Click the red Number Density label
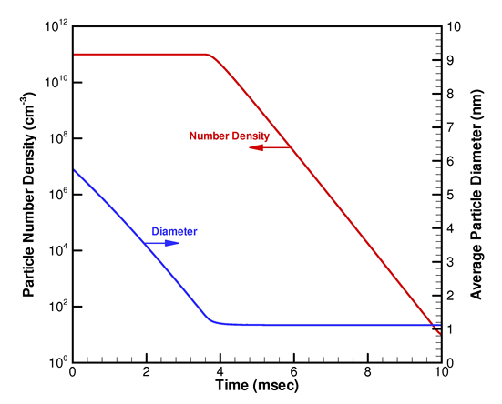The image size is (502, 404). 229,136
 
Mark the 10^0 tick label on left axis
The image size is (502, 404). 55,360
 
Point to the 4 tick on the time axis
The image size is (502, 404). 220,371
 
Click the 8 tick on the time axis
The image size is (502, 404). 367,371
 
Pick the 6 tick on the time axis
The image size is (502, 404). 293,371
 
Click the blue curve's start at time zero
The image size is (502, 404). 73,169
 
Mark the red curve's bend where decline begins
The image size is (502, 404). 210,56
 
